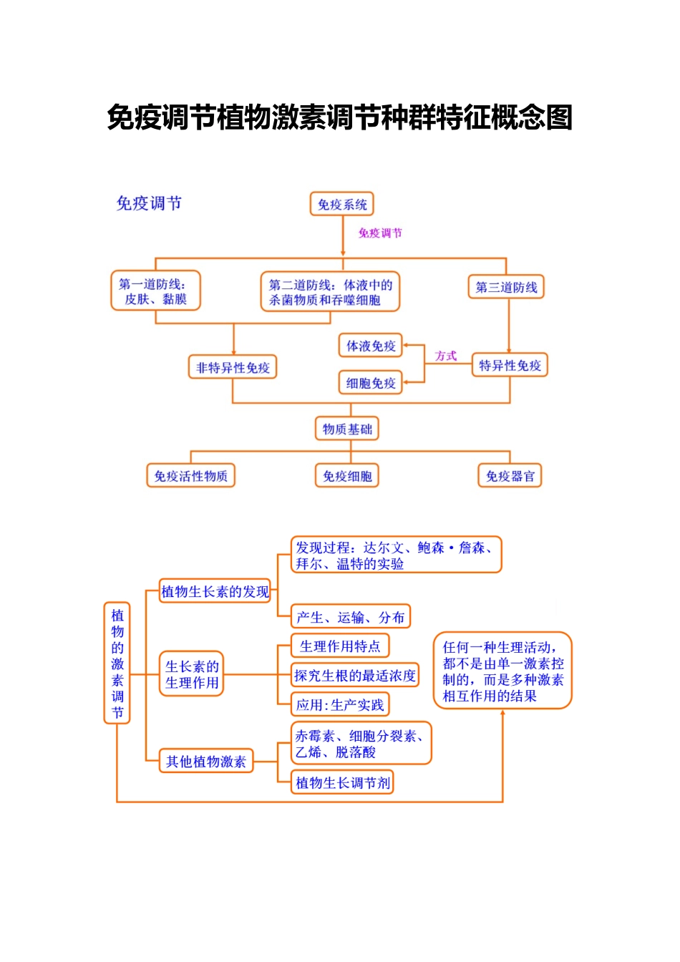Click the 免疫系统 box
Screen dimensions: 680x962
pos(342,204)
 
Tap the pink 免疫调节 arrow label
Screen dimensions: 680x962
pos(381,233)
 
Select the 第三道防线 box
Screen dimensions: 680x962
pos(506,287)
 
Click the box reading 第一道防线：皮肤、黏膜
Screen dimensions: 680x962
pos(155,291)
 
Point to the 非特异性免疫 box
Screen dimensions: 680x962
pos(233,367)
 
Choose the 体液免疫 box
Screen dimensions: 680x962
pos(371,346)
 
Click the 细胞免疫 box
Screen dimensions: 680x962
pos(371,383)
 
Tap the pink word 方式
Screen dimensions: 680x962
pos(445,356)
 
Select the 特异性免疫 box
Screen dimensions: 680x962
pos(510,366)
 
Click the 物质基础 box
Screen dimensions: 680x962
pos(347,429)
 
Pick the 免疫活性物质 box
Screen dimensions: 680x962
pos(190,476)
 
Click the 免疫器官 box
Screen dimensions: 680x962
pos(510,476)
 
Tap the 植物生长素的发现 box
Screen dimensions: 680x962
pos(215,591)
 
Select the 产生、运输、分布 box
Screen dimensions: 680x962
pos(351,617)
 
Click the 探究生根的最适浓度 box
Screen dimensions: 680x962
pos(355,676)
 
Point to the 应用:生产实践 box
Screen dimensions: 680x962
pos(340,705)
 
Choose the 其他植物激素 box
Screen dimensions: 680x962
pos(206,762)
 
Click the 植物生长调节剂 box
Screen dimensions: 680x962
pos(342,782)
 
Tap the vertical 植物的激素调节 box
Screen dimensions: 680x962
pos(117,663)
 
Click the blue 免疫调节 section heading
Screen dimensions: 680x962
pos(149,203)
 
